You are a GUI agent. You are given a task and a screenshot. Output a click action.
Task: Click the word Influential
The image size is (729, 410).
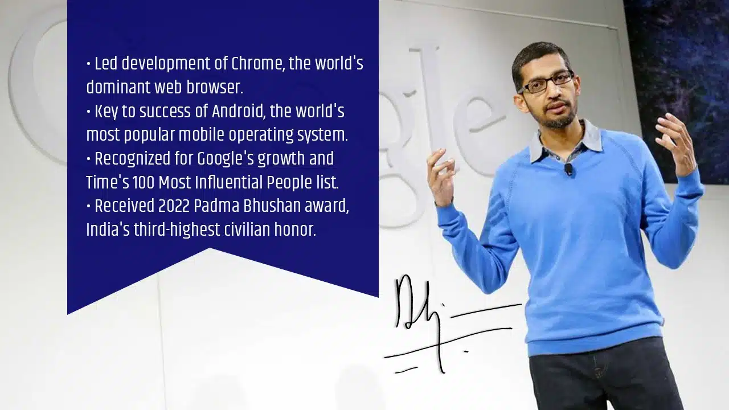pyautogui.click(x=227, y=182)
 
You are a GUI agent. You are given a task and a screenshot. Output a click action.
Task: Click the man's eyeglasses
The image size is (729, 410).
pyautogui.click(x=546, y=82)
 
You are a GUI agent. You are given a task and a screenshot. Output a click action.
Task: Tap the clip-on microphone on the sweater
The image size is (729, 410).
pyautogui.click(x=568, y=169)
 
